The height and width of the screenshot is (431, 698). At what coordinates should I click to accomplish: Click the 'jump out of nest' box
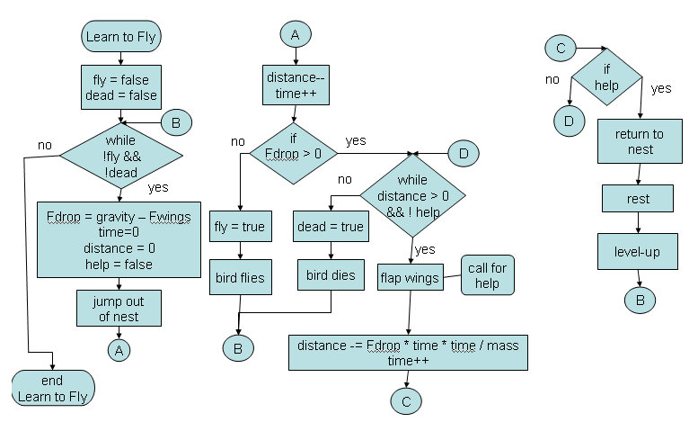pyautogui.click(x=119, y=308)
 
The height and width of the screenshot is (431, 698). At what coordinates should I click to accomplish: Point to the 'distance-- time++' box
pyautogui.click(x=292, y=87)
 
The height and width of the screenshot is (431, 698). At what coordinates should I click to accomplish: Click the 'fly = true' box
pyautogui.click(x=241, y=227)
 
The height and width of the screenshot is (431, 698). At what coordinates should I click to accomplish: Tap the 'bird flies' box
pyautogui.click(x=241, y=277)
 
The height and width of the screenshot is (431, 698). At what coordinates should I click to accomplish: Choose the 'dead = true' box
pyautogui.click(x=330, y=227)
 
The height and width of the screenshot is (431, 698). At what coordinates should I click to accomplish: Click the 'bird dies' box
pyautogui.click(x=330, y=274)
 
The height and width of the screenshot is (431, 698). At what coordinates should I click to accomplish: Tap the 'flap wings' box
pyautogui.click(x=410, y=278)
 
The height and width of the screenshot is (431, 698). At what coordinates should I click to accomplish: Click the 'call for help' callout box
pyautogui.click(x=488, y=274)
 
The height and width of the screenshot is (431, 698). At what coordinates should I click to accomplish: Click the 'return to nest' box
pyautogui.click(x=640, y=142)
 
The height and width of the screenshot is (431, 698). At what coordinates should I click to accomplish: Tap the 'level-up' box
pyautogui.click(x=640, y=252)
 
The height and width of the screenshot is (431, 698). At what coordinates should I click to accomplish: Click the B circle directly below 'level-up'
pyautogui.click(x=640, y=300)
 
